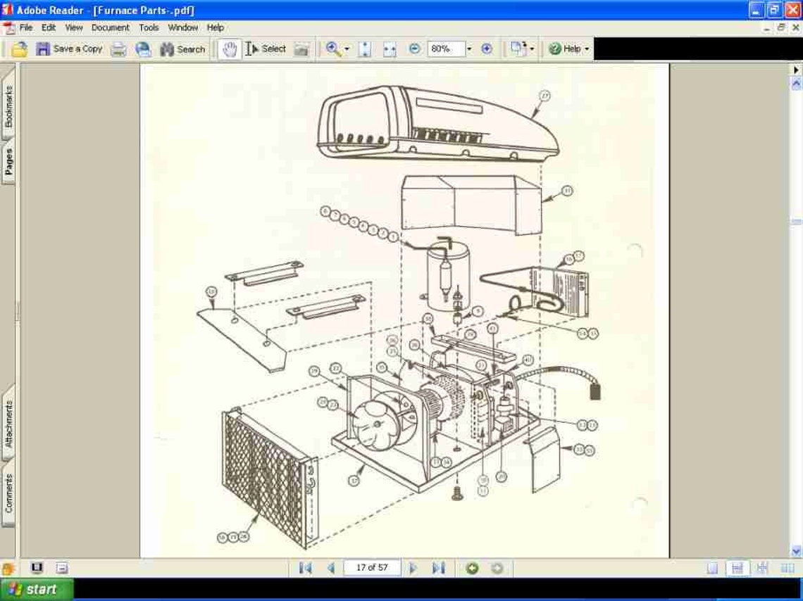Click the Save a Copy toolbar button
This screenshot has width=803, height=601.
click(70, 49)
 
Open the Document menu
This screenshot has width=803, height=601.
click(110, 27)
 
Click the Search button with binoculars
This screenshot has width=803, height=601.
click(182, 49)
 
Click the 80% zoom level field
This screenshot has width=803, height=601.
click(445, 49)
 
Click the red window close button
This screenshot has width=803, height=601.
click(792, 10)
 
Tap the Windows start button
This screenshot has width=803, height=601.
click(37, 590)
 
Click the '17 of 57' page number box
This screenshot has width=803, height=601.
click(372, 568)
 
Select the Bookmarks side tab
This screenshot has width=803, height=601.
click(8, 106)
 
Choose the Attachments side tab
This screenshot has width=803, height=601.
click(8, 424)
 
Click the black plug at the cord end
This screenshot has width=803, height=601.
click(596, 389)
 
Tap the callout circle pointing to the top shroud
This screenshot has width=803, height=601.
click(544, 96)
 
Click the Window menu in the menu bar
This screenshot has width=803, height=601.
click(182, 27)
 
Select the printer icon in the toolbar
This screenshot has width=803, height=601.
click(119, 49)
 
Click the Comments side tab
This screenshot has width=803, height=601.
click(8, 502)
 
